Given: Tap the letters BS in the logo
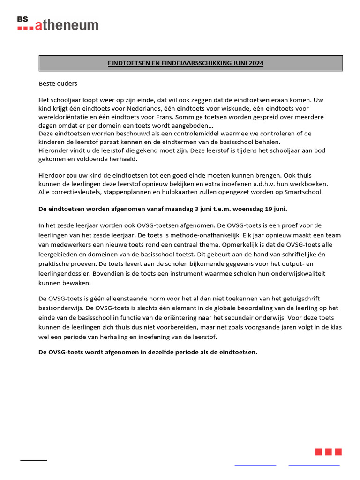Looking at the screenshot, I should point(22,19).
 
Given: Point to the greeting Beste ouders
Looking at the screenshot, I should point(58,84).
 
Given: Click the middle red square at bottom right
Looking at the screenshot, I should point(328,451).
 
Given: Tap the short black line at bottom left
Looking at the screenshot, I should point(34,460).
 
